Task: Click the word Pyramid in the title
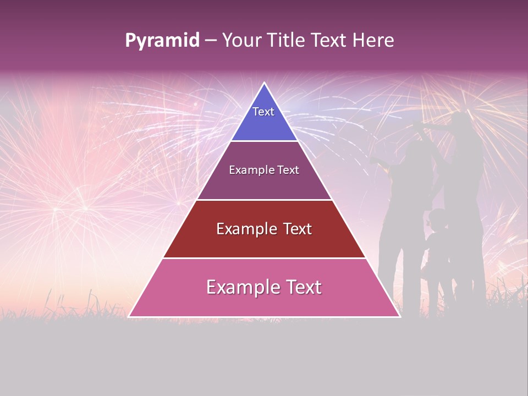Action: point(162,41)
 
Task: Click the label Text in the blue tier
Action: point(263,112)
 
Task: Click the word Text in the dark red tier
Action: point(295,229)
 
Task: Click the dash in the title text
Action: point(211,41)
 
